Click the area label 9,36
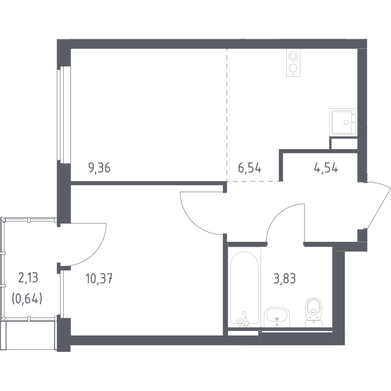click(x=99, y=168)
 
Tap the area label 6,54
click(x=250, y=168)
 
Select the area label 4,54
click(x=326, y=168)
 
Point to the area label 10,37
click(x=99, y=278)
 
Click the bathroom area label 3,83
click(x=285, y=278)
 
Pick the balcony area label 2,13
click(x=28, y=278)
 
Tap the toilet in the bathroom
click(x=314, y=311)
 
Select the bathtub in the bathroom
click(x=244, y=287)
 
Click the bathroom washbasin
click(x=277, y=317)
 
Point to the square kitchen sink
click(x=343, y=123)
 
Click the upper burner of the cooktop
click(x=293, y=56)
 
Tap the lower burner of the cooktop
click(x=293, y=68)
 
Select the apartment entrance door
click(x=378, y=206)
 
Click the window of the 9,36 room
click(x=64, y=115)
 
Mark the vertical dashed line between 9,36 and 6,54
click(x=227, y=115)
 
